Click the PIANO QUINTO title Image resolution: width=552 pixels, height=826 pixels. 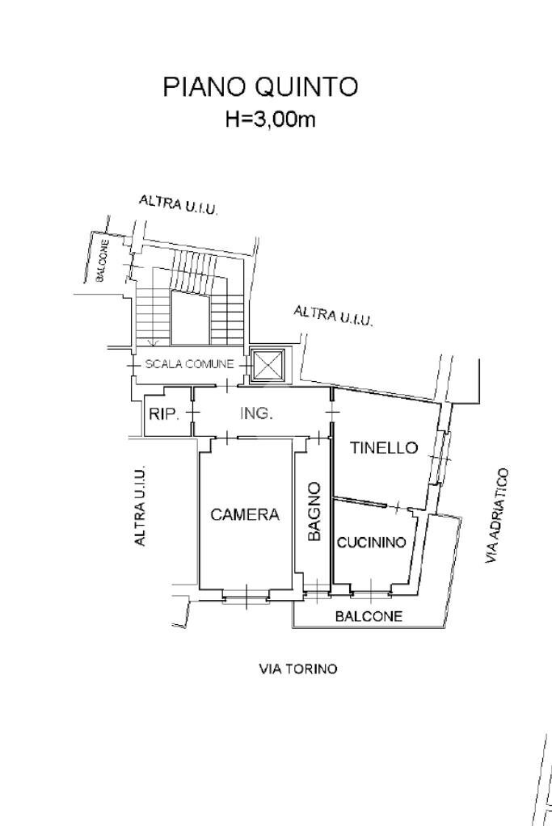point(260,87)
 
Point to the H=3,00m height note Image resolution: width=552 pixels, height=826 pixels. point(271,119)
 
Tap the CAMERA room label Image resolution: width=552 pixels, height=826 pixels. point(245,514)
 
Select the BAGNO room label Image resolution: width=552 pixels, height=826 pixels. point(314,511)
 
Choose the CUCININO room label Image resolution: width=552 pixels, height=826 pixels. point(371,542)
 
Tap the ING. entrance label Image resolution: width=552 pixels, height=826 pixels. point(257,413)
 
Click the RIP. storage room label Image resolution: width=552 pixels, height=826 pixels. point(165,414)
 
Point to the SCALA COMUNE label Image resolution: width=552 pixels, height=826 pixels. point(189,363)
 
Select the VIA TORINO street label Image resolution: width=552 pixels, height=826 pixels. point(298,669)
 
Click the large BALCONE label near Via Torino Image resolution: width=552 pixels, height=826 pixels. point(369,616)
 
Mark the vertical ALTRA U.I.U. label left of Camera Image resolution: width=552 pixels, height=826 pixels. point(140,505)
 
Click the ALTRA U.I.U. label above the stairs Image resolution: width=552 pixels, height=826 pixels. point(178,204)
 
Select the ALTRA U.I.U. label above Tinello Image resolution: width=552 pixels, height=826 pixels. point(333,316)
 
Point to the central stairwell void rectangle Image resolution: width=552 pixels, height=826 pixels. point(190,319)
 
